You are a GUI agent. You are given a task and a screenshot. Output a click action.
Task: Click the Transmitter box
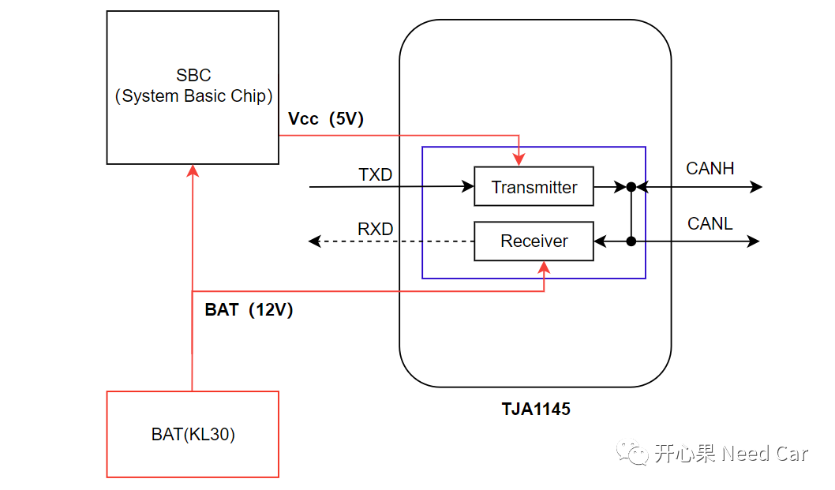point(534,187)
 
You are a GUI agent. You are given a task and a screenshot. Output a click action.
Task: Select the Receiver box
point(534,241)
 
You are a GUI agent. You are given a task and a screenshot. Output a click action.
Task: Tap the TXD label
point(375,174)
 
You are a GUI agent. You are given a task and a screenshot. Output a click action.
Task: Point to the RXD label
point(375,229)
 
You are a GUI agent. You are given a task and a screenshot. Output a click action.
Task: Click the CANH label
point(710,168)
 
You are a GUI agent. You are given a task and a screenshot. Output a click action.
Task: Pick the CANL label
point(710,223)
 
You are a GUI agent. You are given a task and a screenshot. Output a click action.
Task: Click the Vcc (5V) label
point(325,119)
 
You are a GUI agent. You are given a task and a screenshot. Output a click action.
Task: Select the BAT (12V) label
point(249,310)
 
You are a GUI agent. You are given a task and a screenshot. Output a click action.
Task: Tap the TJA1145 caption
point(535,410)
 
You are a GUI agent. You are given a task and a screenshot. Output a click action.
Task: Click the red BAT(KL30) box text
point(193,435)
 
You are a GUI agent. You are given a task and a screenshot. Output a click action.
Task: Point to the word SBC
point(193,76)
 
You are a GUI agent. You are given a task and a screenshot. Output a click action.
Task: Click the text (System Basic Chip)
point(193,96)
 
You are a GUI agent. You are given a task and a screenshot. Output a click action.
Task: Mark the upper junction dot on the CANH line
point(631,187)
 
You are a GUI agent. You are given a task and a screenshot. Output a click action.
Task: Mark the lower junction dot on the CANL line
point(631,241)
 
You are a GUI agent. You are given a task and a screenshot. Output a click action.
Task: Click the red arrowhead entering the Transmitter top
point(519,161)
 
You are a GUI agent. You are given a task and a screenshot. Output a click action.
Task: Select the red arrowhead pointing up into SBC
point(193,170)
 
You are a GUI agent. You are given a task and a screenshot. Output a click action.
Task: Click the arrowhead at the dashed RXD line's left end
point(314,241)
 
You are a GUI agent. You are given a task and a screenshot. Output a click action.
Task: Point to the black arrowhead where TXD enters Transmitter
point(468,187)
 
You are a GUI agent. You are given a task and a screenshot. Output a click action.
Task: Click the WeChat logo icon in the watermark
point(632,453)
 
